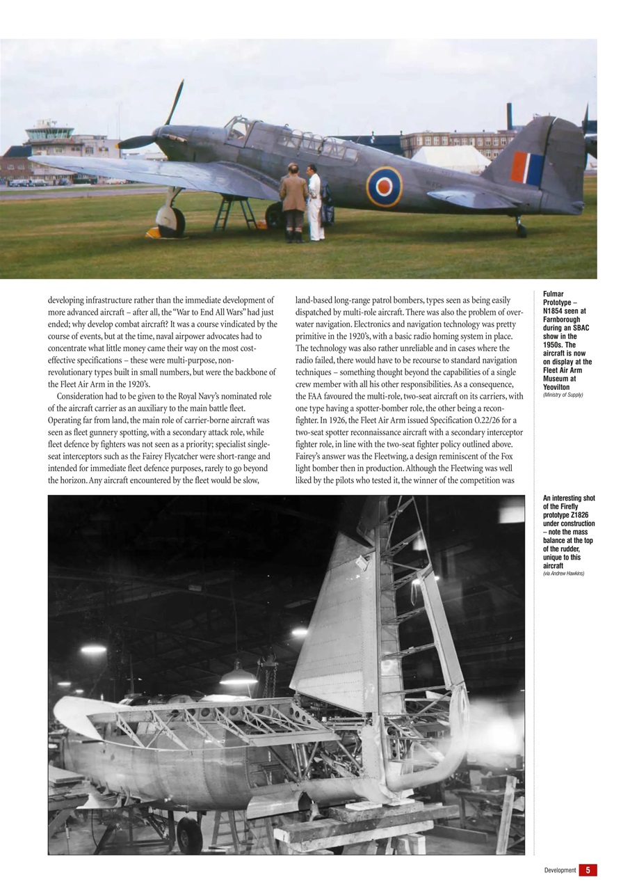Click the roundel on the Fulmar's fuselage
(384, 187)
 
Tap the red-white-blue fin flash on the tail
(527, 168)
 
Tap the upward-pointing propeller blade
(175, 102)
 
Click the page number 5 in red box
(588, 870)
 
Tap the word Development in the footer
(560, 870)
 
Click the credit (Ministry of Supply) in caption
(563, 395)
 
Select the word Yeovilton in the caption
(556, 387)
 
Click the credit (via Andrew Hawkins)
(563, 574)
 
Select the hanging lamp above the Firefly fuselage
(238, 677)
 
